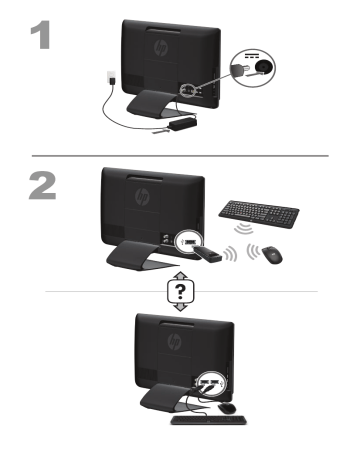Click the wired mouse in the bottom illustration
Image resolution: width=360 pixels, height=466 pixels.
[228, 407]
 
